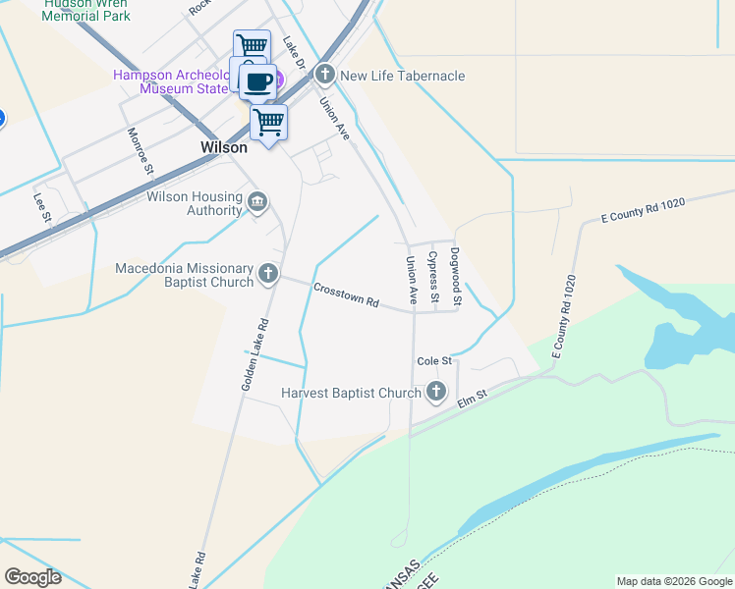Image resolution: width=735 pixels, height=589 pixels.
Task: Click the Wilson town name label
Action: [223, 147]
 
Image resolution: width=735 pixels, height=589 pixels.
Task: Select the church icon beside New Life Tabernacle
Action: [325, 76]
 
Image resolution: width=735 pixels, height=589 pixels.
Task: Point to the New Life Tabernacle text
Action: [403, 76]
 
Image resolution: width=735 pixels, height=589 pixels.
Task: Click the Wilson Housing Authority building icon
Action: [257, 203]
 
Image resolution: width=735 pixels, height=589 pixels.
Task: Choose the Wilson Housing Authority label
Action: [194, 203]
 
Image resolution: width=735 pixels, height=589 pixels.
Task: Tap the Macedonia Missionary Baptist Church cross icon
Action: [267, 275]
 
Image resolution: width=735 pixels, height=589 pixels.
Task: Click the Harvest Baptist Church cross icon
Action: [436, 394]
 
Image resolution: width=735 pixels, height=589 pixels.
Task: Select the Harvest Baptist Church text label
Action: [351, 394]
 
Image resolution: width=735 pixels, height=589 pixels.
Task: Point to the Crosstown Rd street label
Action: [346, 295]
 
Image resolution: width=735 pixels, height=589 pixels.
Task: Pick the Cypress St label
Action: [432, 276]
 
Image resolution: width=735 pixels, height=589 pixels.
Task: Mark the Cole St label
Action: [433, 361]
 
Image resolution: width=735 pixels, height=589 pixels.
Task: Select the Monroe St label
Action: [141, 151]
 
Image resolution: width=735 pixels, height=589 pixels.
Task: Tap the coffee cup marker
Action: [257, 81]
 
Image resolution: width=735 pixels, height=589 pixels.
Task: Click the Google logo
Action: [32, 577]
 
